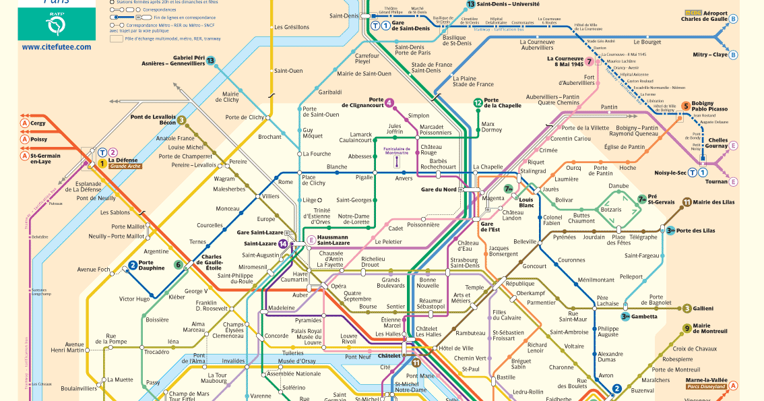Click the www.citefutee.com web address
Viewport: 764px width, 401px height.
click(x=56, y=47)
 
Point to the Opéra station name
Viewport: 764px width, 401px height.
click(x=338, y=286)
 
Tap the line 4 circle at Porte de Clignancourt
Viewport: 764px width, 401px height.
click(x=389, y=103)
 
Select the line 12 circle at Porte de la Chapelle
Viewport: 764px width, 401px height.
click(x=478, y=102)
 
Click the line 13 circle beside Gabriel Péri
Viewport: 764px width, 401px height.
click(x=211, y=61)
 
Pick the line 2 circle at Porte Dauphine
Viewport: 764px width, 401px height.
click(x=133, y=265)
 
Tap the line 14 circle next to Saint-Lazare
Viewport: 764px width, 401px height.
click(x=284, y=243)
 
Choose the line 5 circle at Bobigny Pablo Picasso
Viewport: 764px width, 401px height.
click(x=686, y=106)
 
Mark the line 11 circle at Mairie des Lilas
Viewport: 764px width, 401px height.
click(x=687, y=202)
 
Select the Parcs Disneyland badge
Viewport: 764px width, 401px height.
click(x=706, y=386)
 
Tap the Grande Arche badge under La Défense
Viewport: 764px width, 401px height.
click(x=125, y=165)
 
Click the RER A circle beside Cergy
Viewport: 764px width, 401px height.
click(x=24, y=123)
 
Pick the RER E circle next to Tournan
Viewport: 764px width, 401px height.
click(x=734, y=181)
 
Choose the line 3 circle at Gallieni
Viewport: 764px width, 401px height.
click(x=687, y=309)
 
